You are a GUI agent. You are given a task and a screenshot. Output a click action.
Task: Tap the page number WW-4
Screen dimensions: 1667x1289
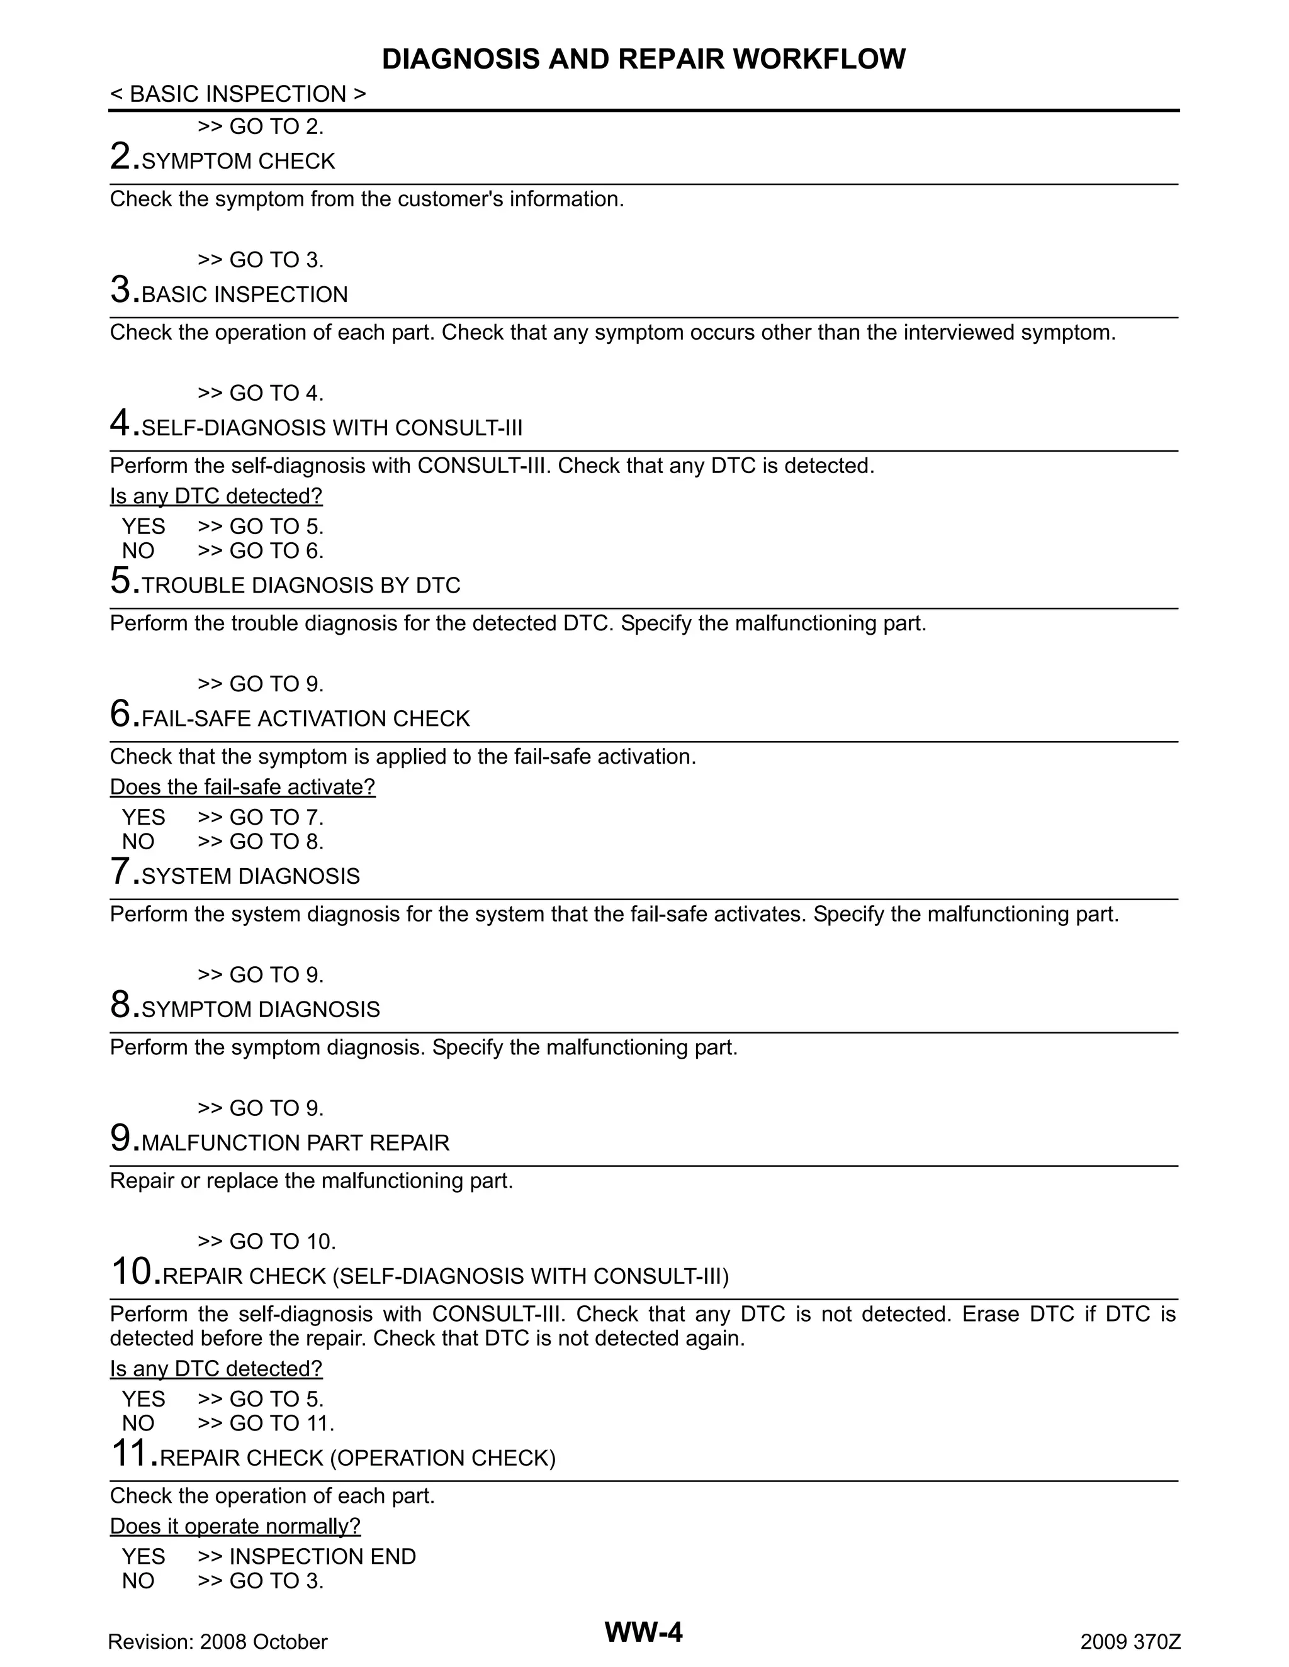pos(643,1632)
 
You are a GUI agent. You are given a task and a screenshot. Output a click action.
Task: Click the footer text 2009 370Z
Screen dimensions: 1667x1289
pos(1130,1642)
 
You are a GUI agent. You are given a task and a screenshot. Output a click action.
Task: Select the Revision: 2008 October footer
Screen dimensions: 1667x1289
pos(218,1642)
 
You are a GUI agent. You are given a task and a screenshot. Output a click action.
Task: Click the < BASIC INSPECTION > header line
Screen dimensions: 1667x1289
pos(237,94)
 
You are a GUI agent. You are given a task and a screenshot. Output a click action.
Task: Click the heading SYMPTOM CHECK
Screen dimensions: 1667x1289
pos(239,161)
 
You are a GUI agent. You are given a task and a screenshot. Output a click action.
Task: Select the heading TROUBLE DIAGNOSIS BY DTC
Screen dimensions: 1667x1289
pos(301,586)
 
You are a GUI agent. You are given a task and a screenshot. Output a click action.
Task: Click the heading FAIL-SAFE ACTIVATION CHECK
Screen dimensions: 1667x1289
pos(305,718)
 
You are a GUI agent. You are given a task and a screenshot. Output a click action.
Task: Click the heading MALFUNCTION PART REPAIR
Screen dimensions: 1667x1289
pos(296,1142)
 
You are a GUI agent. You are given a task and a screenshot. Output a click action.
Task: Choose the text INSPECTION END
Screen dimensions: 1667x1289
pos(322,1556)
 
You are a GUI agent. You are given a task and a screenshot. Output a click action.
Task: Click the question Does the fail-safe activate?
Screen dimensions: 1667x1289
pos(243,787)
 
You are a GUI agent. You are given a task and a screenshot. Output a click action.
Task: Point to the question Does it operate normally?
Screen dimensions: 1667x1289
pos(235,1526)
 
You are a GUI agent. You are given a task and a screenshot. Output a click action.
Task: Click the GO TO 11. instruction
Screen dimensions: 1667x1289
pos(281,1424)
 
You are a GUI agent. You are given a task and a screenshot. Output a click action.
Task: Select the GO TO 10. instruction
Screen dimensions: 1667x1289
pos(282,1242)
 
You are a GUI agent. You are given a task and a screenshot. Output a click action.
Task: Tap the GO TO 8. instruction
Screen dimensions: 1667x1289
pos(276,842)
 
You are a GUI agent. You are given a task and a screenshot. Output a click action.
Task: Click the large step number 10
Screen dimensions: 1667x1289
pos(133,1271)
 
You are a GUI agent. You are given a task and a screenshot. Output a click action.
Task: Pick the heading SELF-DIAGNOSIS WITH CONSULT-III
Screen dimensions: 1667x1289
pos(332,427)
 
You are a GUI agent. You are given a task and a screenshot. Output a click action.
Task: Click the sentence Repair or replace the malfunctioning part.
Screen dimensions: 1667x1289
pos(312,1181)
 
